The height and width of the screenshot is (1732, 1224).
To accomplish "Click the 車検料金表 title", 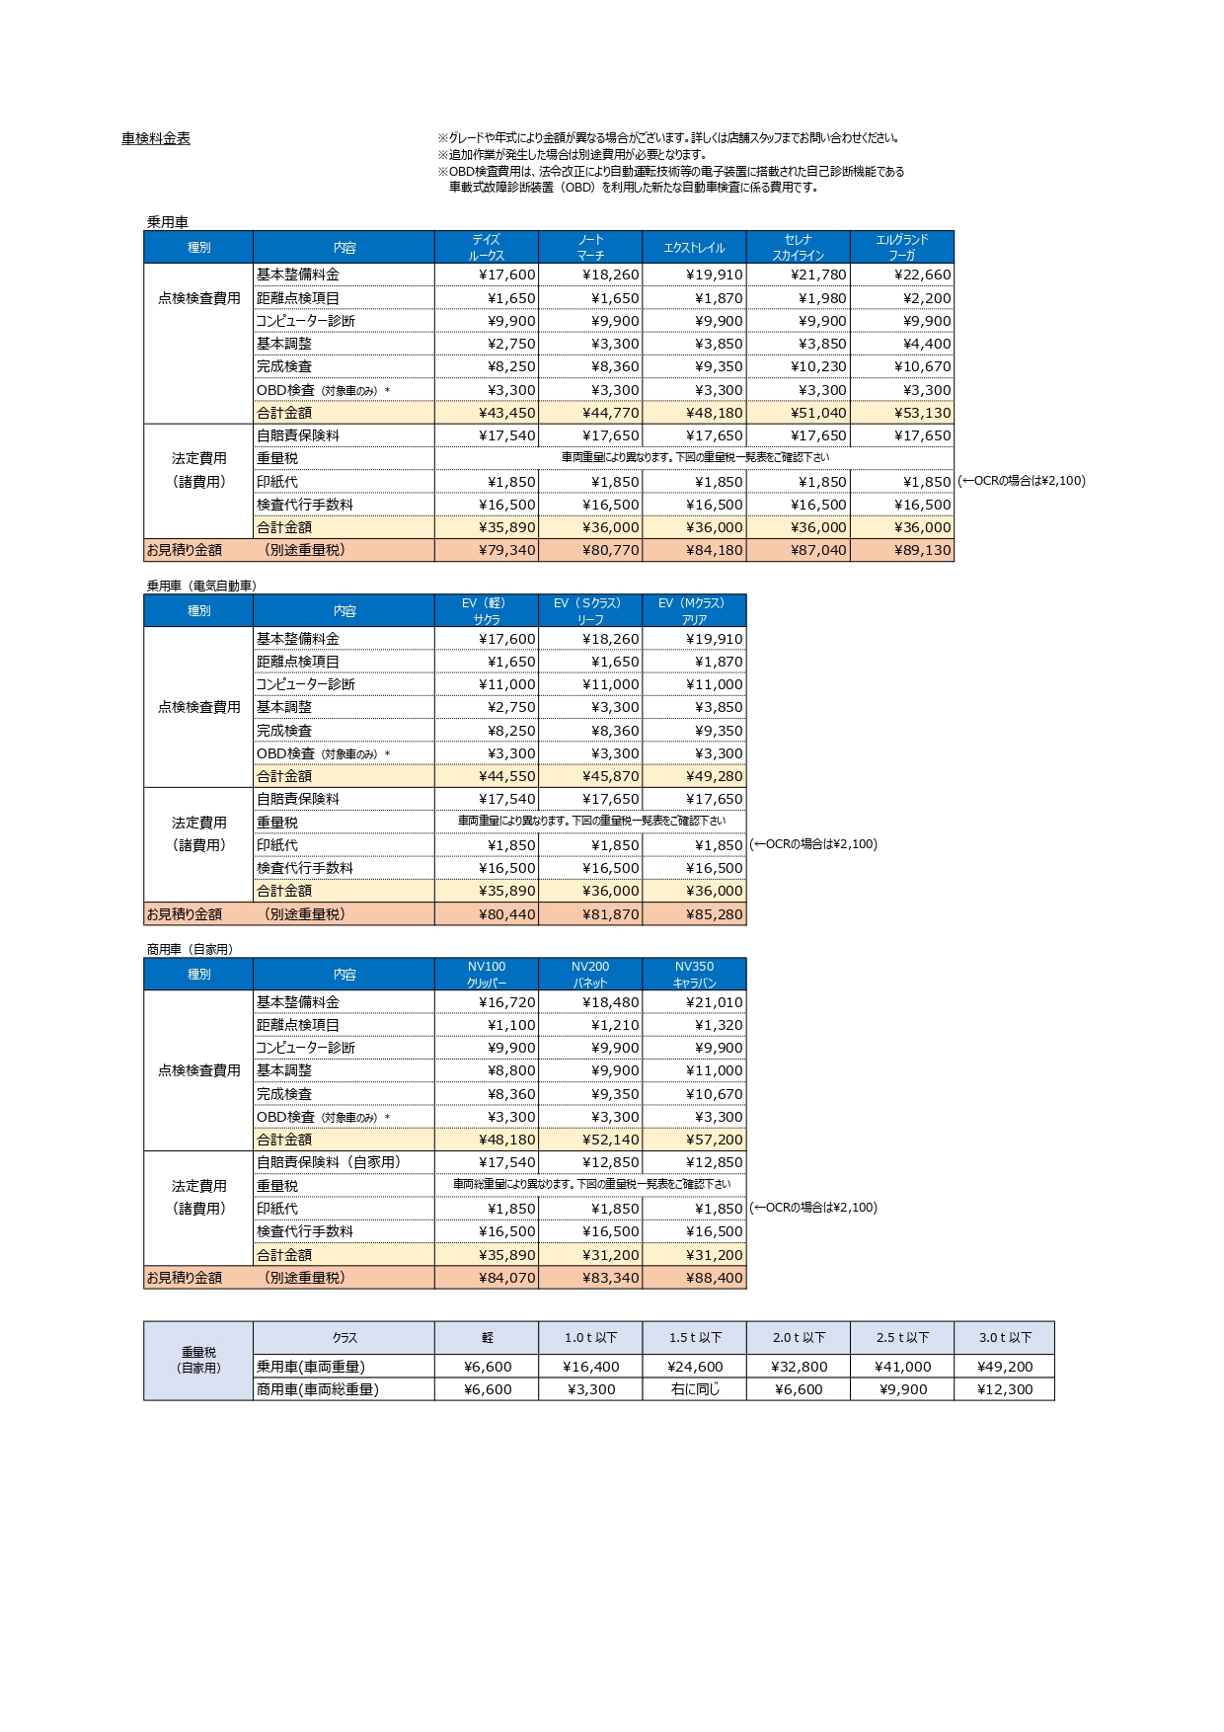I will [x=156, y=139].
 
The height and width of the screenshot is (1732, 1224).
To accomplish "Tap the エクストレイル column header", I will [x=694, y=248].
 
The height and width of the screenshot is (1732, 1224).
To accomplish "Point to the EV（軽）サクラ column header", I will [x=487, y=611].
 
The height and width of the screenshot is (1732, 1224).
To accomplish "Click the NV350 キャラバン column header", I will [x=694, y=975].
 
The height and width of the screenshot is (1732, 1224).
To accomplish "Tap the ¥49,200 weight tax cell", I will [x=1004, y=1367].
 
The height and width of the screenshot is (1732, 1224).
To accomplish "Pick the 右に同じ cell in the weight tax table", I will [x=695, y=1389].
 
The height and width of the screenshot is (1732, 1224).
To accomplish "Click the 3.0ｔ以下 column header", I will [x=1005, y=1338].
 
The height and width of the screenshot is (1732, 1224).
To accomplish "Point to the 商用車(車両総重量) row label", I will [x=318, y=1389].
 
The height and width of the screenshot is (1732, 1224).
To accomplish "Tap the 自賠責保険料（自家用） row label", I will [x=329, y=1162].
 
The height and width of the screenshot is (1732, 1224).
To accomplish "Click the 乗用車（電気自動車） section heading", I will [x=201, y=586].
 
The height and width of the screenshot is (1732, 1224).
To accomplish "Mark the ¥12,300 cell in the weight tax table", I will [x=1004, y=1389].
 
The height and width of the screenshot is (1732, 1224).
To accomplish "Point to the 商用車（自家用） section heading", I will [x=190, y=949].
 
